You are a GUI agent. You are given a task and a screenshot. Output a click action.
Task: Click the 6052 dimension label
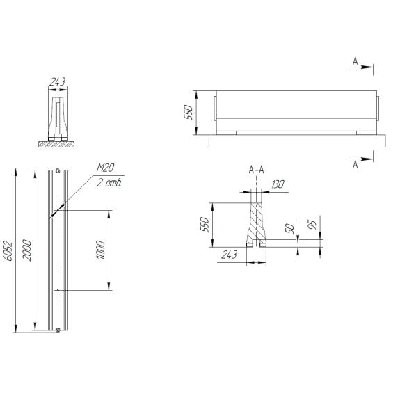pos(8,250)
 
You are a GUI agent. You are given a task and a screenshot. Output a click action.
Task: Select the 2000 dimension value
pos(27,250)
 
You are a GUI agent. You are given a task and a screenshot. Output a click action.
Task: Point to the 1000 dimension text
pos(101,250)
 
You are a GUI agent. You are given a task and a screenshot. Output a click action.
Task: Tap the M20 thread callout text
pos(105,168)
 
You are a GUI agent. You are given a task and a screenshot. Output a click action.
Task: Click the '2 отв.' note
pos(109,183)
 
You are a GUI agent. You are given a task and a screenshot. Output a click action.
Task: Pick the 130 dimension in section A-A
pos(278,184)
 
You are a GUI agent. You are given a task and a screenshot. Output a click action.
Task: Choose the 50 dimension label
pos(290,228)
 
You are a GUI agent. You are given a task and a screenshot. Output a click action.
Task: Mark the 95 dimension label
pos(312,225)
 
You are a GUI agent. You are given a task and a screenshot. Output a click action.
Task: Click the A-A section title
pos(257,170)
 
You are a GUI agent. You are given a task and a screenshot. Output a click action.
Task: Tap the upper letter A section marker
pos(355,61)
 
